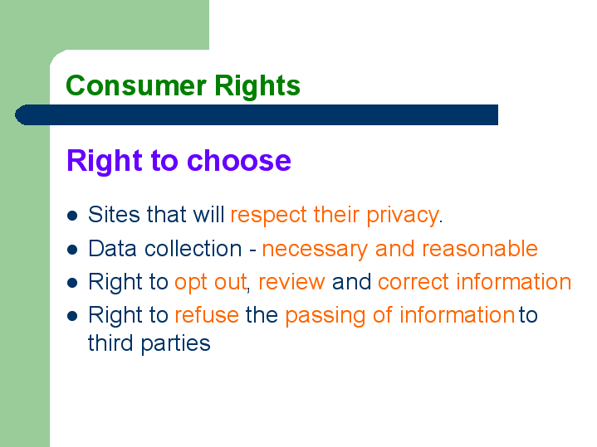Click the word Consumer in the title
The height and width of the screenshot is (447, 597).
(x=136, y=85)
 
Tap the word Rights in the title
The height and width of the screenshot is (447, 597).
(x=257, y=85)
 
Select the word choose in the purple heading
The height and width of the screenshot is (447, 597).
(x=239, y=161)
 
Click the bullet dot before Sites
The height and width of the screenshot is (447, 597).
(x=72, y=216)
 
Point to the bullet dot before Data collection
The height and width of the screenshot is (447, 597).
(x=72, y=250)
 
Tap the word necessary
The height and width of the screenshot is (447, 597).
(x=315, y=249)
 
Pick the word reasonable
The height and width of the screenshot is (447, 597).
(x=480, y=249)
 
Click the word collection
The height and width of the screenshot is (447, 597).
(x=193, y=249)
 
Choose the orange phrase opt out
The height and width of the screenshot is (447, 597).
(x=210, y=282)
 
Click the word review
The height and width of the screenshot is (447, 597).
(x=291, y=282)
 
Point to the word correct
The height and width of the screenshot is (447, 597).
(x=413, y=282)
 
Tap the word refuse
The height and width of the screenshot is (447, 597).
(x=207, y=315)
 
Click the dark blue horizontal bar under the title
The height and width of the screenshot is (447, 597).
(x=257, y=115)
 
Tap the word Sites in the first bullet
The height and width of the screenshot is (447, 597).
(x=115, y=214)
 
